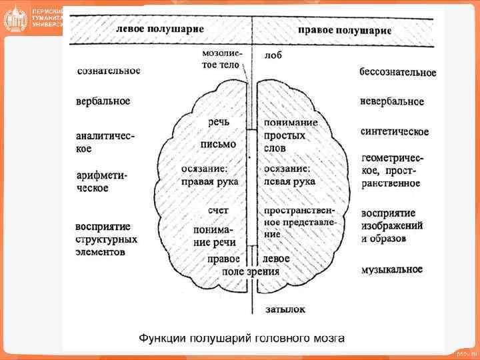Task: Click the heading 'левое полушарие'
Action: coord(160,30)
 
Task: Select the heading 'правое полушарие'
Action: coord(344,30)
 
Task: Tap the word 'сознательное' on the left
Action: coord(109,70)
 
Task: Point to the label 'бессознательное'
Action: coord(397,72)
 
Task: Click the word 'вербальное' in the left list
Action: coord(103,101)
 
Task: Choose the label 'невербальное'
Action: coord(391,101)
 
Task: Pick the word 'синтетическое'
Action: coord(394,131)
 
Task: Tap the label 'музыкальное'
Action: coord(391,269)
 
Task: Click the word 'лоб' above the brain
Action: coord(273,55)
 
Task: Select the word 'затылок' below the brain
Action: coord(285,309)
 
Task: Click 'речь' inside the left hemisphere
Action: coord(219,122)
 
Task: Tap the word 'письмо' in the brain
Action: coord(218,144)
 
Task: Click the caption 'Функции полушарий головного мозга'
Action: coord(241,338)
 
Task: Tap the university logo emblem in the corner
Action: coord(15,19)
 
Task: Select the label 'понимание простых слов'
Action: coord(291,135)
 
